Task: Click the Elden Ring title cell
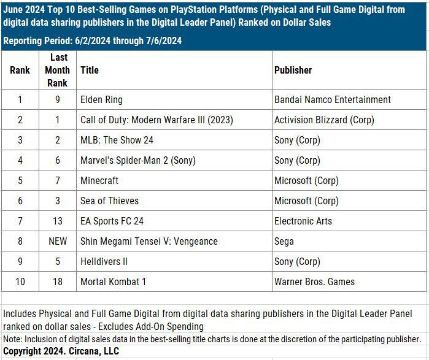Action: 102,99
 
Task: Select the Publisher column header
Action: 293,70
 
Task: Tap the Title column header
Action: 90,70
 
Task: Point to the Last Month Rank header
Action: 57,70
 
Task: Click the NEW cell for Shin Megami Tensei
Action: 57,241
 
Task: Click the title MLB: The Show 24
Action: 117,140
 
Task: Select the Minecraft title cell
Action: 99,180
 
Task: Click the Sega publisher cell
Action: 284,241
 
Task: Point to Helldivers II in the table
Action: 104,261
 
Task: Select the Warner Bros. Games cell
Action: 315,281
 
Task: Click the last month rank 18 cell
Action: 57,281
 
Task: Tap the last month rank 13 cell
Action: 57,221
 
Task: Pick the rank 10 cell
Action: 20,281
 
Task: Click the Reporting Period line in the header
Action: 92,41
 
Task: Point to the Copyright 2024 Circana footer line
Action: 61,351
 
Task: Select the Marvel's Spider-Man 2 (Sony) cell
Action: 138,160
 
